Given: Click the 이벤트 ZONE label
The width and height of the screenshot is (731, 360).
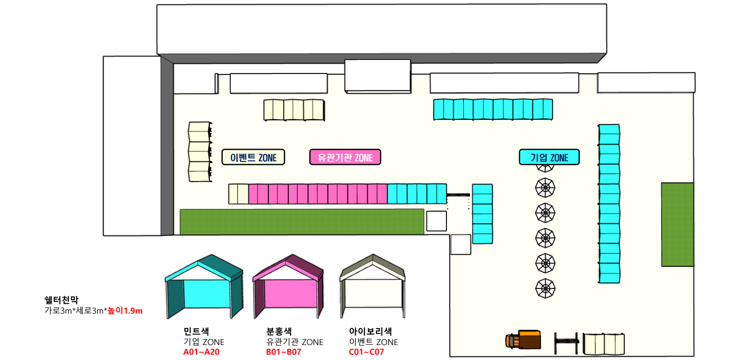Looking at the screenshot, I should point(253,158).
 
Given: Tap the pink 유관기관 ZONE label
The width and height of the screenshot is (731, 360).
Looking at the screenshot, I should point(345,157).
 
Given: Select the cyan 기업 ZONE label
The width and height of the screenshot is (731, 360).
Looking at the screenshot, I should point(549,157).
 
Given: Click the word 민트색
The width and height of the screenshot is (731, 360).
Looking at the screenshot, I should point(196,331).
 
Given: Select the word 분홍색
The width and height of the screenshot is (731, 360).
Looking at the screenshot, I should point(279,331).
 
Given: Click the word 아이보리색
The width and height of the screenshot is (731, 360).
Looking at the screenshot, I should point(370,331).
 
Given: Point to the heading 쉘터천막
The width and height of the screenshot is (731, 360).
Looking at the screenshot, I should point(61,300).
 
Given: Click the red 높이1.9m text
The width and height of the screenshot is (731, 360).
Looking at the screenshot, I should point(125,311).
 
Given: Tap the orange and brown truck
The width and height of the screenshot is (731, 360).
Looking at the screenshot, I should point(523,340).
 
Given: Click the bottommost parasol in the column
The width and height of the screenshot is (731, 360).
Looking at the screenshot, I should point(545,288).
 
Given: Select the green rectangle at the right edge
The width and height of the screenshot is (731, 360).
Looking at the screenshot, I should point(677,224).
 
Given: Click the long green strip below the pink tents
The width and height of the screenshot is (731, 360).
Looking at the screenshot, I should point(302,222).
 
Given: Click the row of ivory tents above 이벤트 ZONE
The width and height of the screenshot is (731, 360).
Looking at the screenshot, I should point(294,110).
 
